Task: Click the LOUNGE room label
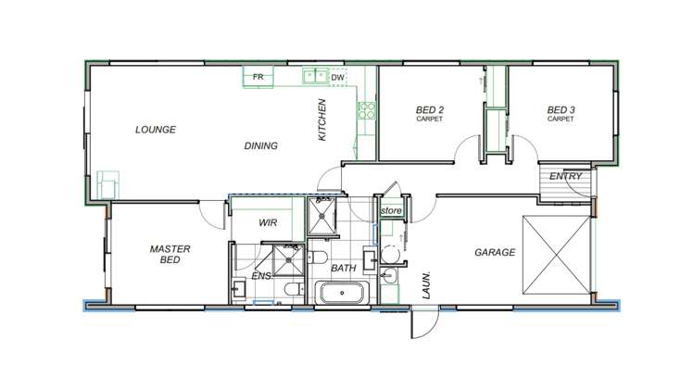click(155, 130)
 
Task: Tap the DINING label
click(260, 145)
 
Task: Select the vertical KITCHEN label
click(322, 120)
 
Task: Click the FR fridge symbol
click(258, 77)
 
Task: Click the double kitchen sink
click(315, 77)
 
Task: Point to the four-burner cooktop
click(366, 111)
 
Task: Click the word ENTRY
click(564, 176)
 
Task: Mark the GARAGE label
click(495, 252)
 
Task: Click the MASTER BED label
click(170, 255)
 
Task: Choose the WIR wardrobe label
click(268, 223)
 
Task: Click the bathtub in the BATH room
click(344, 296)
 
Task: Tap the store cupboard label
click(391, 212)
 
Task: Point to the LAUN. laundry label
click(427, 283)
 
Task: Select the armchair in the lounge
click(109, 183)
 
